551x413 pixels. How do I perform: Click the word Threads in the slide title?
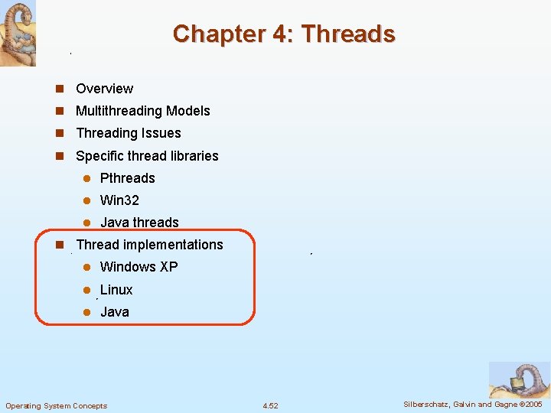348,34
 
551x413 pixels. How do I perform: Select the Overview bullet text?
104,89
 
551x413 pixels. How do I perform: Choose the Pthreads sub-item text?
127,178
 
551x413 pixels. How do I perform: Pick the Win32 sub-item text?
119,200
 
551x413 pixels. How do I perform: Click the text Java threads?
139,223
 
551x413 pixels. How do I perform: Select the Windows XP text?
139,267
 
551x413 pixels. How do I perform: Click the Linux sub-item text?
116,290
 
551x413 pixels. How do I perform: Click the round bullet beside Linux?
87,290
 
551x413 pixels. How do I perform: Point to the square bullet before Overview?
59,89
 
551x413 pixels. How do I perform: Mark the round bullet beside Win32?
87,200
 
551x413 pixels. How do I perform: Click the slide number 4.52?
270,405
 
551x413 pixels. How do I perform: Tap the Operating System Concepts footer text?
57,405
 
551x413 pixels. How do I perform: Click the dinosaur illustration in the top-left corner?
18,33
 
